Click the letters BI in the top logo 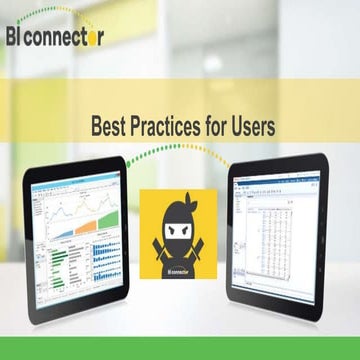17,38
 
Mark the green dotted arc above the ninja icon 180,152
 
